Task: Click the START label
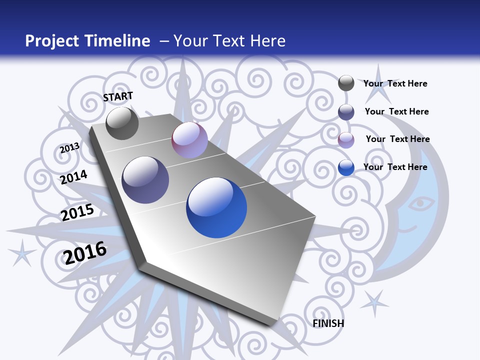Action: tap(118, 96)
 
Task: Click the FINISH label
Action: tap(328, 323)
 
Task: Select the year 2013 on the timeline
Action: tap(69, 147)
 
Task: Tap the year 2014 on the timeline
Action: tap(74, 177)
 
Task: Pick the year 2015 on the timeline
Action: tap(77, 212)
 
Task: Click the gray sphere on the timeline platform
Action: tap(122, 123)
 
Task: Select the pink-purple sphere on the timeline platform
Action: tap(189, 140)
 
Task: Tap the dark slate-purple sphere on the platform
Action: tap(145, 180)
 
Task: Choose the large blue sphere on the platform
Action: tap(216, 207)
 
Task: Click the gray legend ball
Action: tap(346, 83)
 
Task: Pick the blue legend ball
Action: tap(346, 167)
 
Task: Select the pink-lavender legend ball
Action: tap(346, 139)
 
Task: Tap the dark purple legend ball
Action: tap(346, 111)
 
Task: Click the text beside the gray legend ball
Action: tap(395, 83)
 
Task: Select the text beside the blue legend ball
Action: tap(395, 167)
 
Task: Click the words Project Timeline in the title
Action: tap(87, 41)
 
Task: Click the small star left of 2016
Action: tap(22, 252)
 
